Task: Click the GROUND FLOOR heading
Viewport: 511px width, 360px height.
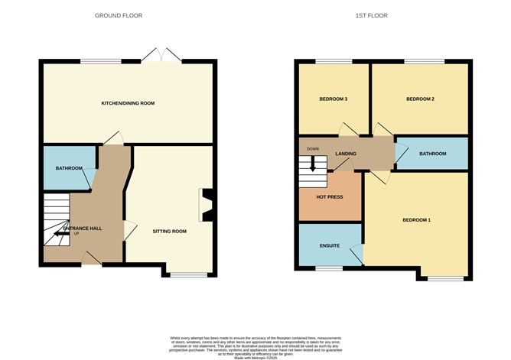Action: point(118,15)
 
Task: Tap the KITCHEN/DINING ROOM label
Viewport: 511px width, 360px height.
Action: point(129,102)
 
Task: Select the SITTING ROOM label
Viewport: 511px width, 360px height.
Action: point(169,230)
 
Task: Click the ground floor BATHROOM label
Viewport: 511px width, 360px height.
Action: point(68,168)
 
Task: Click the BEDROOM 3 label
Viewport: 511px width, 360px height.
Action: point(333,99)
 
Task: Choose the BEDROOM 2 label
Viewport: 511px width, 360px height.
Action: point(420,99)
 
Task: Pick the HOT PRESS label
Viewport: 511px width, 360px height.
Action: point(329,196)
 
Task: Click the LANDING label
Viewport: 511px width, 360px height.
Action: point(347,154)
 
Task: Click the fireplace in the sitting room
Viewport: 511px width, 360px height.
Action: point(205,204)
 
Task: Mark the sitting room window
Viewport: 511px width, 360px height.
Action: point(187,274)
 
